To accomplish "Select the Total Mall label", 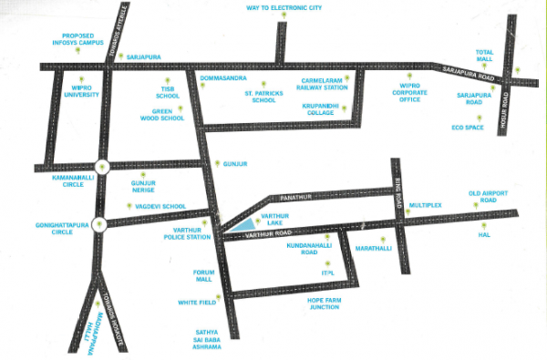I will pyautogui.click(x=485, y=57).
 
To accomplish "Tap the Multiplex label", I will pyautogui.click(x=425, y=206).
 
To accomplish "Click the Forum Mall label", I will pyautogui.click(x=203, y=275).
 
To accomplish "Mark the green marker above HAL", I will pyautogui.click(x=484, y=223).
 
